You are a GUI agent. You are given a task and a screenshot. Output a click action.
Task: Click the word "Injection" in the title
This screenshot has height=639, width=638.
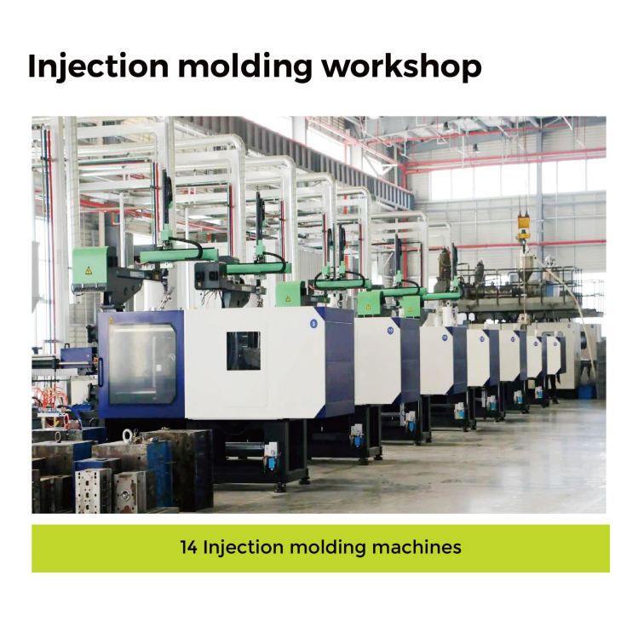click(98, 66)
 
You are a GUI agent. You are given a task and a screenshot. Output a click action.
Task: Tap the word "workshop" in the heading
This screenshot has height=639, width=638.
click(402, 66)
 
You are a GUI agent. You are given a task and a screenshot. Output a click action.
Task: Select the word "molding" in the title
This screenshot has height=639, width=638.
click(245, 66)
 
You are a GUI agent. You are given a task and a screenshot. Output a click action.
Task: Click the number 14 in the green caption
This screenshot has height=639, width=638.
click(188, 547)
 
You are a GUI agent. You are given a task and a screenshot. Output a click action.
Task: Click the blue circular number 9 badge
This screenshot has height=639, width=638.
click(313, 324)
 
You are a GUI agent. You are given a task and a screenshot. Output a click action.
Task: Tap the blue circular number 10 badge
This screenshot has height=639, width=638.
click(390, 331)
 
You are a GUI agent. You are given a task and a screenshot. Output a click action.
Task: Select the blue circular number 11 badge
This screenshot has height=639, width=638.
click(445, 337)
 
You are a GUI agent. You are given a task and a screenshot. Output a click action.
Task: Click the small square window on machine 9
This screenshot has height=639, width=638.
click(244, 350)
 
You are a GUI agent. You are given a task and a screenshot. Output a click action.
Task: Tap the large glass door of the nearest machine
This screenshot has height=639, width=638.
click(141, 364)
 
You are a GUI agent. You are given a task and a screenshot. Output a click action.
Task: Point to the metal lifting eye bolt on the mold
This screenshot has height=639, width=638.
click(128, 435)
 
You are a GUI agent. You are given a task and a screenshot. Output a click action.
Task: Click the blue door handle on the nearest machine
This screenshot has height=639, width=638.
click(101, 372)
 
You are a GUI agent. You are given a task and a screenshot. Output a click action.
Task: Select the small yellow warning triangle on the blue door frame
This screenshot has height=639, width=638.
click(111, 320)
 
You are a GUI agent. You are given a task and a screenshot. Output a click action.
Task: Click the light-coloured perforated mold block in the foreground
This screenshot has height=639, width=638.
click(93, 491)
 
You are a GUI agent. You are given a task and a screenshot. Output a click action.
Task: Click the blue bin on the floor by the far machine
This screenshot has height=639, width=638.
click(587, 391)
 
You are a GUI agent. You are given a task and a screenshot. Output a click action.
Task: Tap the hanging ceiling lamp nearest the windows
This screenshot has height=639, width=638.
click(475, 148)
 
